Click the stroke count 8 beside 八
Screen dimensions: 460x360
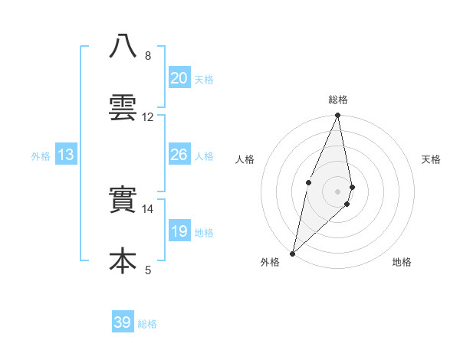point(148,56)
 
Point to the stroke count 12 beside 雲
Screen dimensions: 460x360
point(148,117)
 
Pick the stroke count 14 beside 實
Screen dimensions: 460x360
point(148,209)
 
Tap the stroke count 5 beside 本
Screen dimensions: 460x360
point(148,270)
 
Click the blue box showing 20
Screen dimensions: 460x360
point(179,78)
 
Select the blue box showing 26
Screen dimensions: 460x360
point(179,155)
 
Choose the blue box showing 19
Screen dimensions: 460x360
point(179,231)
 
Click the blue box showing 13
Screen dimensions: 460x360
point(66,155)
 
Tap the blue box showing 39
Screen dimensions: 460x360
point(123,322)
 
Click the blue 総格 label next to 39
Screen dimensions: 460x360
point(147,324)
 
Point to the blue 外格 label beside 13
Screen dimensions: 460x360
point(41,156)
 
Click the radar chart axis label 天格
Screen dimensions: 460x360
point(432,159)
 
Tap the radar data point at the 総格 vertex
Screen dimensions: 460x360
point(338,116)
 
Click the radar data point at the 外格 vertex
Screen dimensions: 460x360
point(292,253)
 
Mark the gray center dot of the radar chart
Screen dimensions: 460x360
point(338,191)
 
